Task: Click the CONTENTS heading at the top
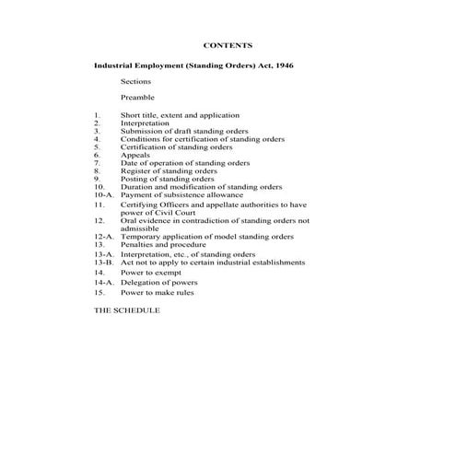click(227, 44)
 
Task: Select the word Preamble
click(137, 97)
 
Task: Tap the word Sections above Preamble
click(135, 82)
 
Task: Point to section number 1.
click(97, 115)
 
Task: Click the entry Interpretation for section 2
click(145, 123)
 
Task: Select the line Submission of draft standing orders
click(184, 131)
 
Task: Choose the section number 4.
click(97, 139)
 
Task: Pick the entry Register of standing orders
click(169, 170)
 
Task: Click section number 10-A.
click(103, 195)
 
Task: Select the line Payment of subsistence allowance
click(181, 195)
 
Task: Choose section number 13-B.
click(103, 263)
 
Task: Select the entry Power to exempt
click(152, 274)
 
